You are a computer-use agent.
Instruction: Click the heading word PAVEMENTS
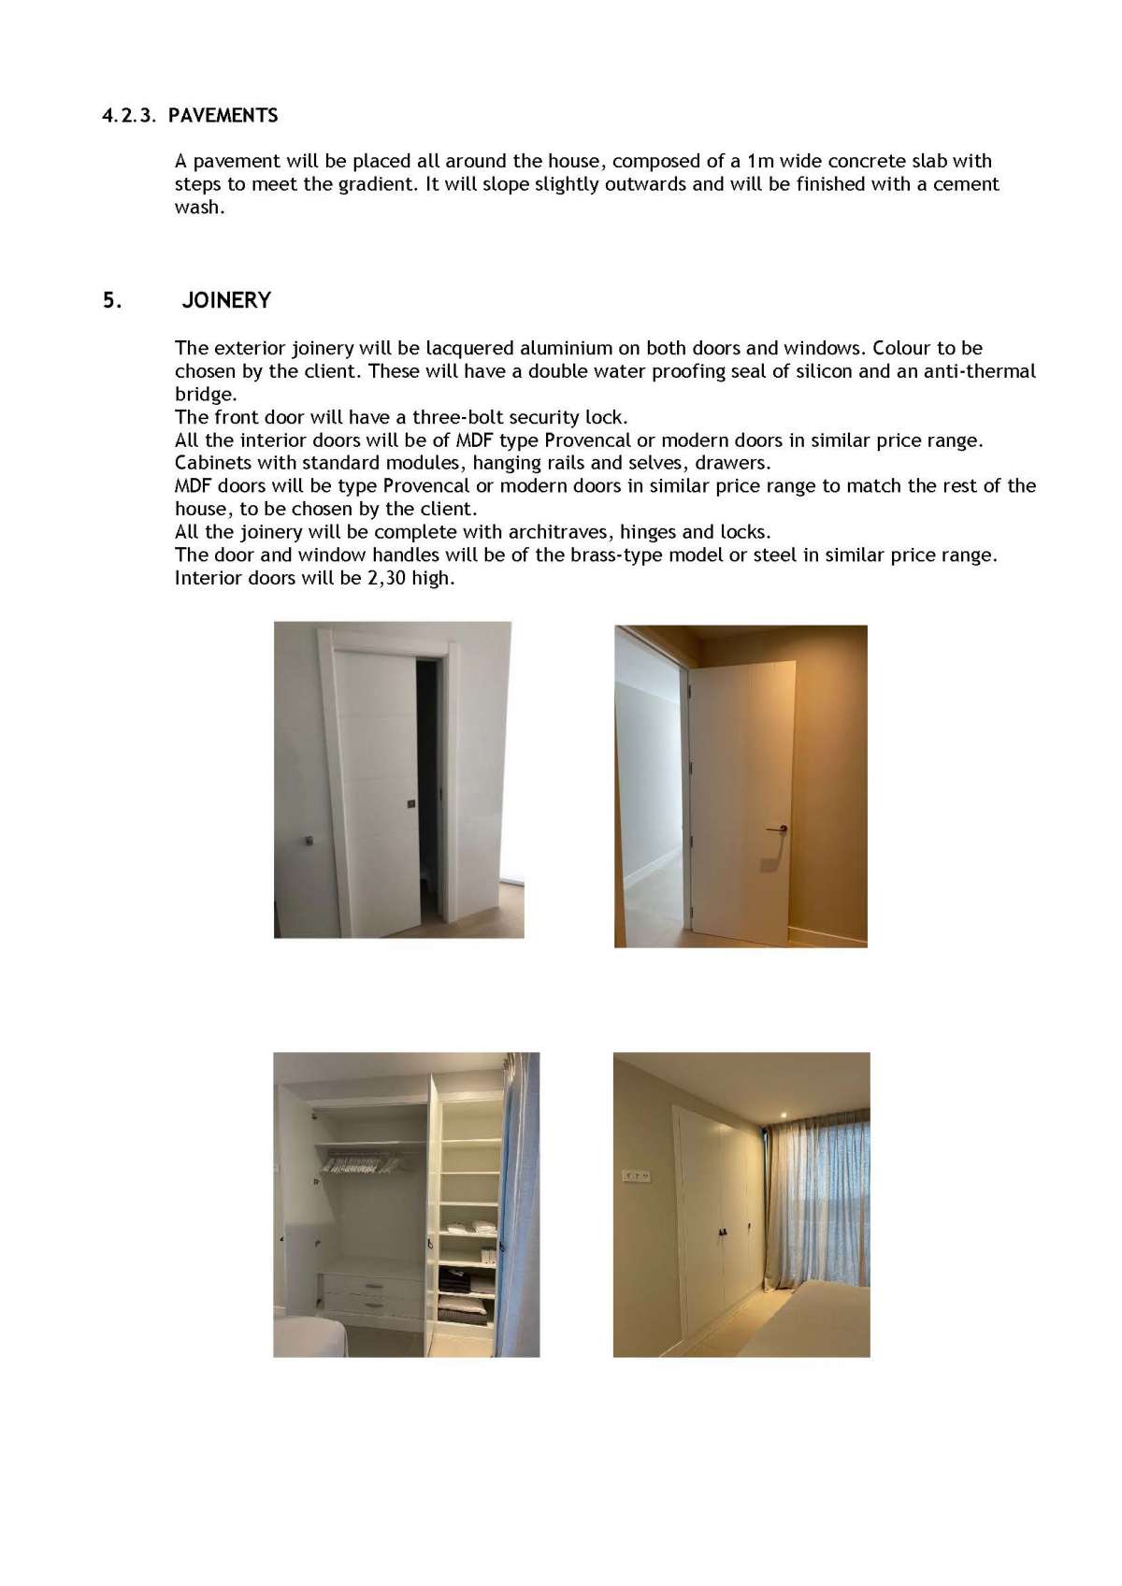coord(223,116)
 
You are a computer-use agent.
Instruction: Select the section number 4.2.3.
coord(129,116)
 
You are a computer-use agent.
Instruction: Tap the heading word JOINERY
coord(226,300)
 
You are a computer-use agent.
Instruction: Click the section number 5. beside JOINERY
coord(112,300)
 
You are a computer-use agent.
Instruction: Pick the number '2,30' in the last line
coord(386,578)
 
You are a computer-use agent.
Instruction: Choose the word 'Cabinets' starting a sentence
coord(212,463)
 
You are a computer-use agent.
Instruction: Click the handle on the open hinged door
coord(776,829)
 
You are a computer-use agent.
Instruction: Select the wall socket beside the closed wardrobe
coord(636,1175)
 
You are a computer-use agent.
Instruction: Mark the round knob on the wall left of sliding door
coord(309,841)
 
